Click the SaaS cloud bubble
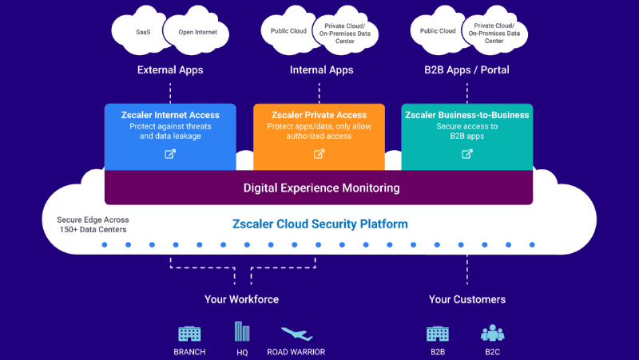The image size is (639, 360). tap(142, 33)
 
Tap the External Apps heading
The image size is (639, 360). tap(170, 70)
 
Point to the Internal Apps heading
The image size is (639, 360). tap(321, 70)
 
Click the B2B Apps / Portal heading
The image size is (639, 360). tap(466, 70)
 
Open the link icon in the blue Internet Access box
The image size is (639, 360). tap(170, 154)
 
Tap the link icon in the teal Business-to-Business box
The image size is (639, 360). tap(467, 154)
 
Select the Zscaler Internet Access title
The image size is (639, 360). tap(170, 115)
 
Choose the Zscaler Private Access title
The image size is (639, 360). tap(319, 115)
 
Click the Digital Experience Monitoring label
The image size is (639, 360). tap(321, 188)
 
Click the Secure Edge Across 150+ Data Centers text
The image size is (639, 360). tap(93, 225)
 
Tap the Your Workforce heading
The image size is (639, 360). tap(241, 299)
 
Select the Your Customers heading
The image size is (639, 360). tap(466, 299)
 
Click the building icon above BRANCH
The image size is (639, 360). tap(189, 333)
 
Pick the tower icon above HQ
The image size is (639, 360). tap(240, 331)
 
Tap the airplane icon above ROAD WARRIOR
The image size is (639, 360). tap(296, 334)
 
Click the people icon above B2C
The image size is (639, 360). tap(492, 333)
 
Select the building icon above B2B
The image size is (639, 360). tap(438, 333)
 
